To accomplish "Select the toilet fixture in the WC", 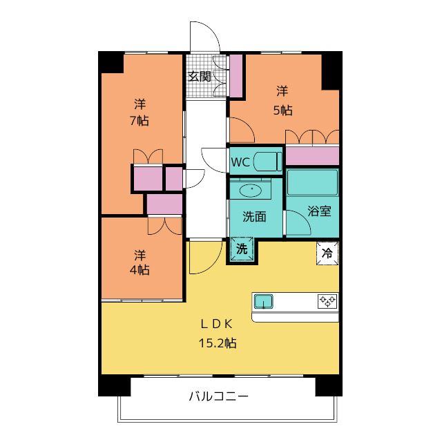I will click(266, 162).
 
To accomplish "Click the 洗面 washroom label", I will click(253, 216).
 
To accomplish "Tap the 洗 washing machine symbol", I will click(242, 249).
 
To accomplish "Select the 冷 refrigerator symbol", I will click(327, 253).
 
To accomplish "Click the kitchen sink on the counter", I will click(264, 301).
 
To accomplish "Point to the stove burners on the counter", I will click(327, 301).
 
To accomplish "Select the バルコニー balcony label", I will click(218, 396).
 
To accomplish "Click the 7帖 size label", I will click(140, 120).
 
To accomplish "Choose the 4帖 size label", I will click(140, 269).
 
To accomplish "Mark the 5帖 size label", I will click(282, 109).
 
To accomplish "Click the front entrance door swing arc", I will click(204, 36).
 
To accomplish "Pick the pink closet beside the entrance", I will click(236, 75).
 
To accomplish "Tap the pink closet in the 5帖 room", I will click(312, 156).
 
